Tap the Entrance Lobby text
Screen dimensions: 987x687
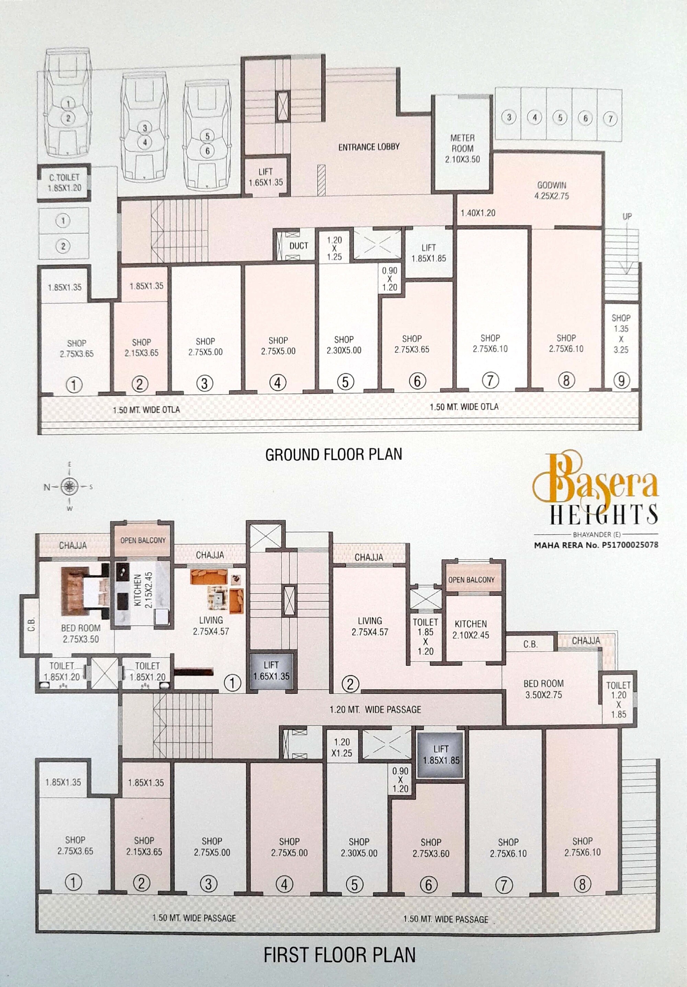tap(369, 147)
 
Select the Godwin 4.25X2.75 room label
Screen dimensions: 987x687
tap(552, 190)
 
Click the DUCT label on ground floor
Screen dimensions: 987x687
tap(299, 246)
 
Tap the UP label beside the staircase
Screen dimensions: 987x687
tap(627, 217)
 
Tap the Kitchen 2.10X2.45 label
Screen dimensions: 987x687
tap(471, 629)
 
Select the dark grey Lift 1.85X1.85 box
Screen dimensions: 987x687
tap(441, 755)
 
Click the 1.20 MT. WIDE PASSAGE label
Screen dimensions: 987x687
tap(375, 710)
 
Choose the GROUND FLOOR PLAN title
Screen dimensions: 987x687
tap(334, 455)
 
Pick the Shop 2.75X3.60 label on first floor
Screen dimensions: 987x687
tap(431, 848)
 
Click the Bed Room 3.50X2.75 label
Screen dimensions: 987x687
tap(543, 689)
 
